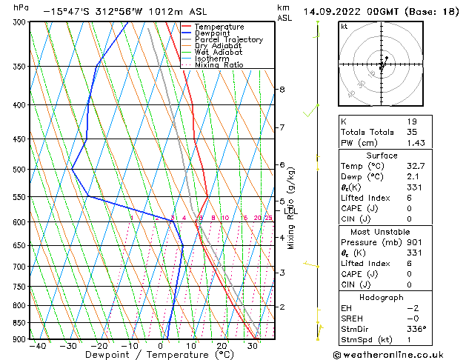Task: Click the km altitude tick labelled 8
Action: (282, 90)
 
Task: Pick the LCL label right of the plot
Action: (291, 212)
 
